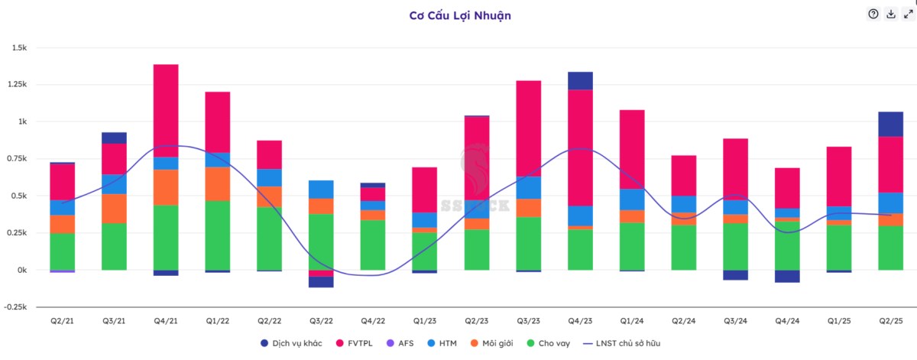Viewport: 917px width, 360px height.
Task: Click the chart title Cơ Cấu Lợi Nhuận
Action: [458, 15]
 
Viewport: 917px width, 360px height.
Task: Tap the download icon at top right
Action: [891, 14]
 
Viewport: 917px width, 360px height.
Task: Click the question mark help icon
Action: [873, 14]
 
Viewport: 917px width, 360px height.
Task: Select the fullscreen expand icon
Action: [909, 14]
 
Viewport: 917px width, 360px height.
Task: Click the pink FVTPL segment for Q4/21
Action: [166, 111]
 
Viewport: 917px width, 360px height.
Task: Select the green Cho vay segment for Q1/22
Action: [218, 235]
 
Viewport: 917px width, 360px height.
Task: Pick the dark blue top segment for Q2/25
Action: [890, 124]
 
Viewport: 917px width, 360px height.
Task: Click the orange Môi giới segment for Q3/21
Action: [114, 209]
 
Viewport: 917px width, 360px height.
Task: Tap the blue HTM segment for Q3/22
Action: [321, 190]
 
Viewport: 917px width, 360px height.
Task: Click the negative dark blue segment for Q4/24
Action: [786, 276]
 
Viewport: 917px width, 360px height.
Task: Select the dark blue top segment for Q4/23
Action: [581, 81]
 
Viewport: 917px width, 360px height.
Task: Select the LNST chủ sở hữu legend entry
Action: [621, 343]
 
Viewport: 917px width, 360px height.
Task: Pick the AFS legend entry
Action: [402, 343]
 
